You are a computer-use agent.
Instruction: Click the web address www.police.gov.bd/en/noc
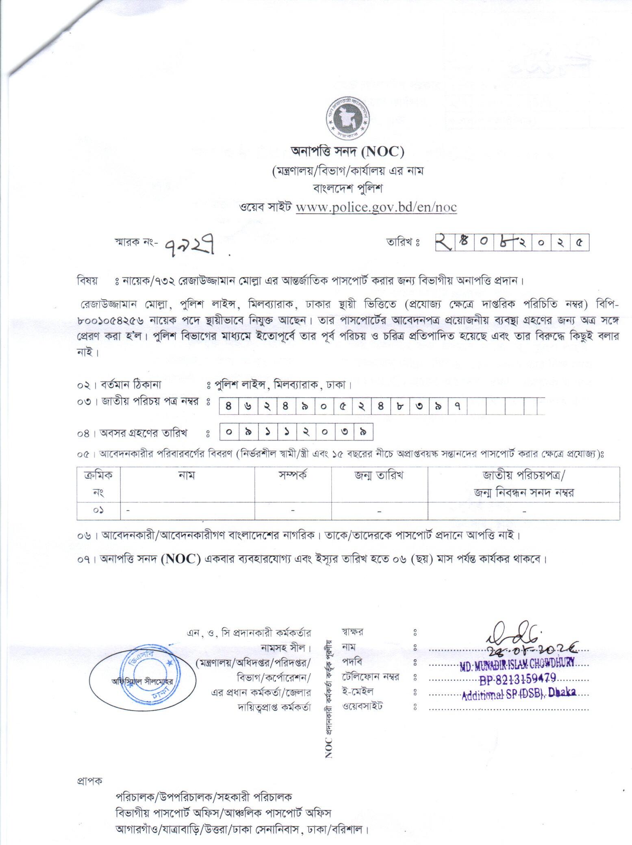coord(376,207)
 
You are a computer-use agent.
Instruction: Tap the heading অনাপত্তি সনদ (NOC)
coord(347,152)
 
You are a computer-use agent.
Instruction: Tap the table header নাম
coord(187,475)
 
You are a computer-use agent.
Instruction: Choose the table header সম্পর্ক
coord(293,475)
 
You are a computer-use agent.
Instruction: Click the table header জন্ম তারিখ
coord(379,475)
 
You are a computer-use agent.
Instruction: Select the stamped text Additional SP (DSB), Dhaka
coord(519,693)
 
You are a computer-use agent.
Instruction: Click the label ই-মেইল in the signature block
coord(358,691)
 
